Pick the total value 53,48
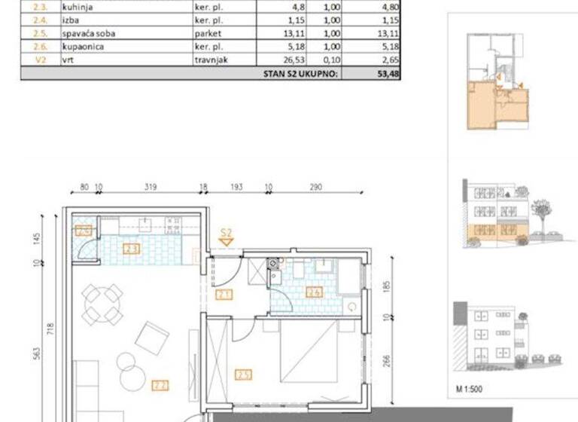(388, 74)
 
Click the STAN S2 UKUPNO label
(300, 74)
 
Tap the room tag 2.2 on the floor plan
(159, 385)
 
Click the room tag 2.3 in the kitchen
(131, 248)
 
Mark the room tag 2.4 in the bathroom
(314, 292)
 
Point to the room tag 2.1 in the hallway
(224, 295)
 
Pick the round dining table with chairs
(102, 303)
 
